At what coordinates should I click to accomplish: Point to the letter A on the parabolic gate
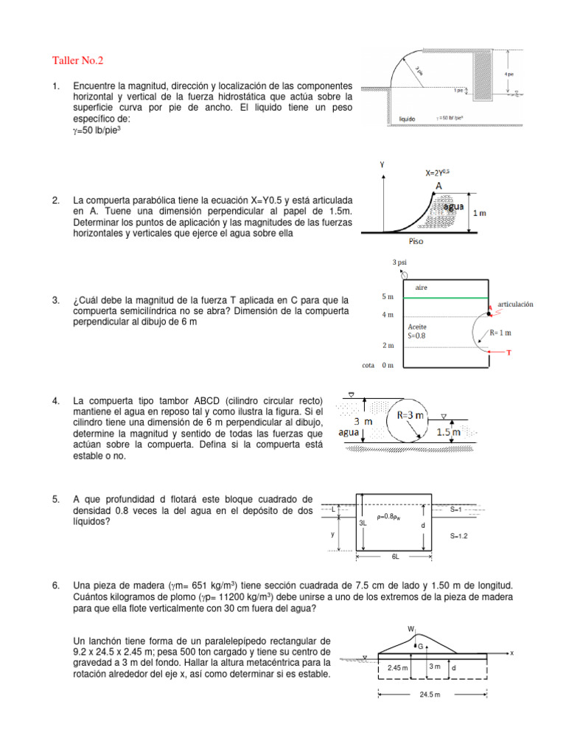pos(439,187)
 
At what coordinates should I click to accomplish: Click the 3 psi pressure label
pos(400,262)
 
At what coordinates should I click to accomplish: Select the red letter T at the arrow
pos(509,353)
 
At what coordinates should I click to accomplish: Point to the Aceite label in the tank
pos(417,326)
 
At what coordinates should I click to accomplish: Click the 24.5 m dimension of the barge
pos(430,695)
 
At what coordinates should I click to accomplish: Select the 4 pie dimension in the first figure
pos(509,74)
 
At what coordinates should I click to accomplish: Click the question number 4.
pos(56,400)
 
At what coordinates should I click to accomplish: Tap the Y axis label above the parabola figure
pos(382,166)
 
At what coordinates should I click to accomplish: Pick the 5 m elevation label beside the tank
pos(388,296)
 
